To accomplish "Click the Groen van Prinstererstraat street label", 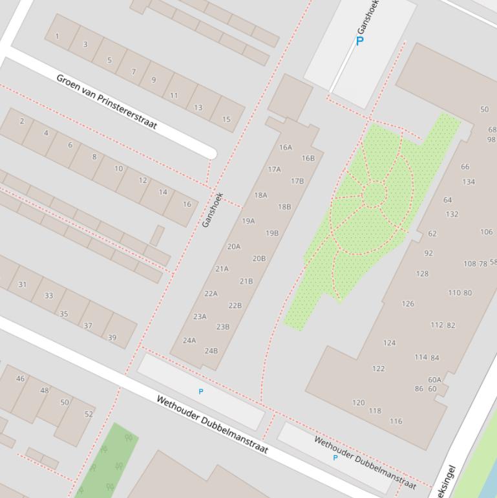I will point(107,102).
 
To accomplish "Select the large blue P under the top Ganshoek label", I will point(360,41).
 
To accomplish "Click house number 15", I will point(226,119).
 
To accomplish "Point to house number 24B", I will point(211,351).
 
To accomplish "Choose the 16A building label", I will point(285,147).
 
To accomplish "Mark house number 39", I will point(112,338).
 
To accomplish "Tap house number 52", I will point(89,414).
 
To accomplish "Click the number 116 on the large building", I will point(396,421).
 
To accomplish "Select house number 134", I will point(468,182).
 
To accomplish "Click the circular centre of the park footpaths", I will point(374,194).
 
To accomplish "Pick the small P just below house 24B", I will point(201,391).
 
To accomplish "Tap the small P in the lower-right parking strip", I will point(335,458).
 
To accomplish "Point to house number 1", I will point(57,36).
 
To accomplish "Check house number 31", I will point(23,285).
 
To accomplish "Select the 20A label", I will point(233,246).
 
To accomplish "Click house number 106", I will point(486,232).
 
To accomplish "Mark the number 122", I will point(378,369).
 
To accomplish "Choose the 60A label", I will point(434,380).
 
